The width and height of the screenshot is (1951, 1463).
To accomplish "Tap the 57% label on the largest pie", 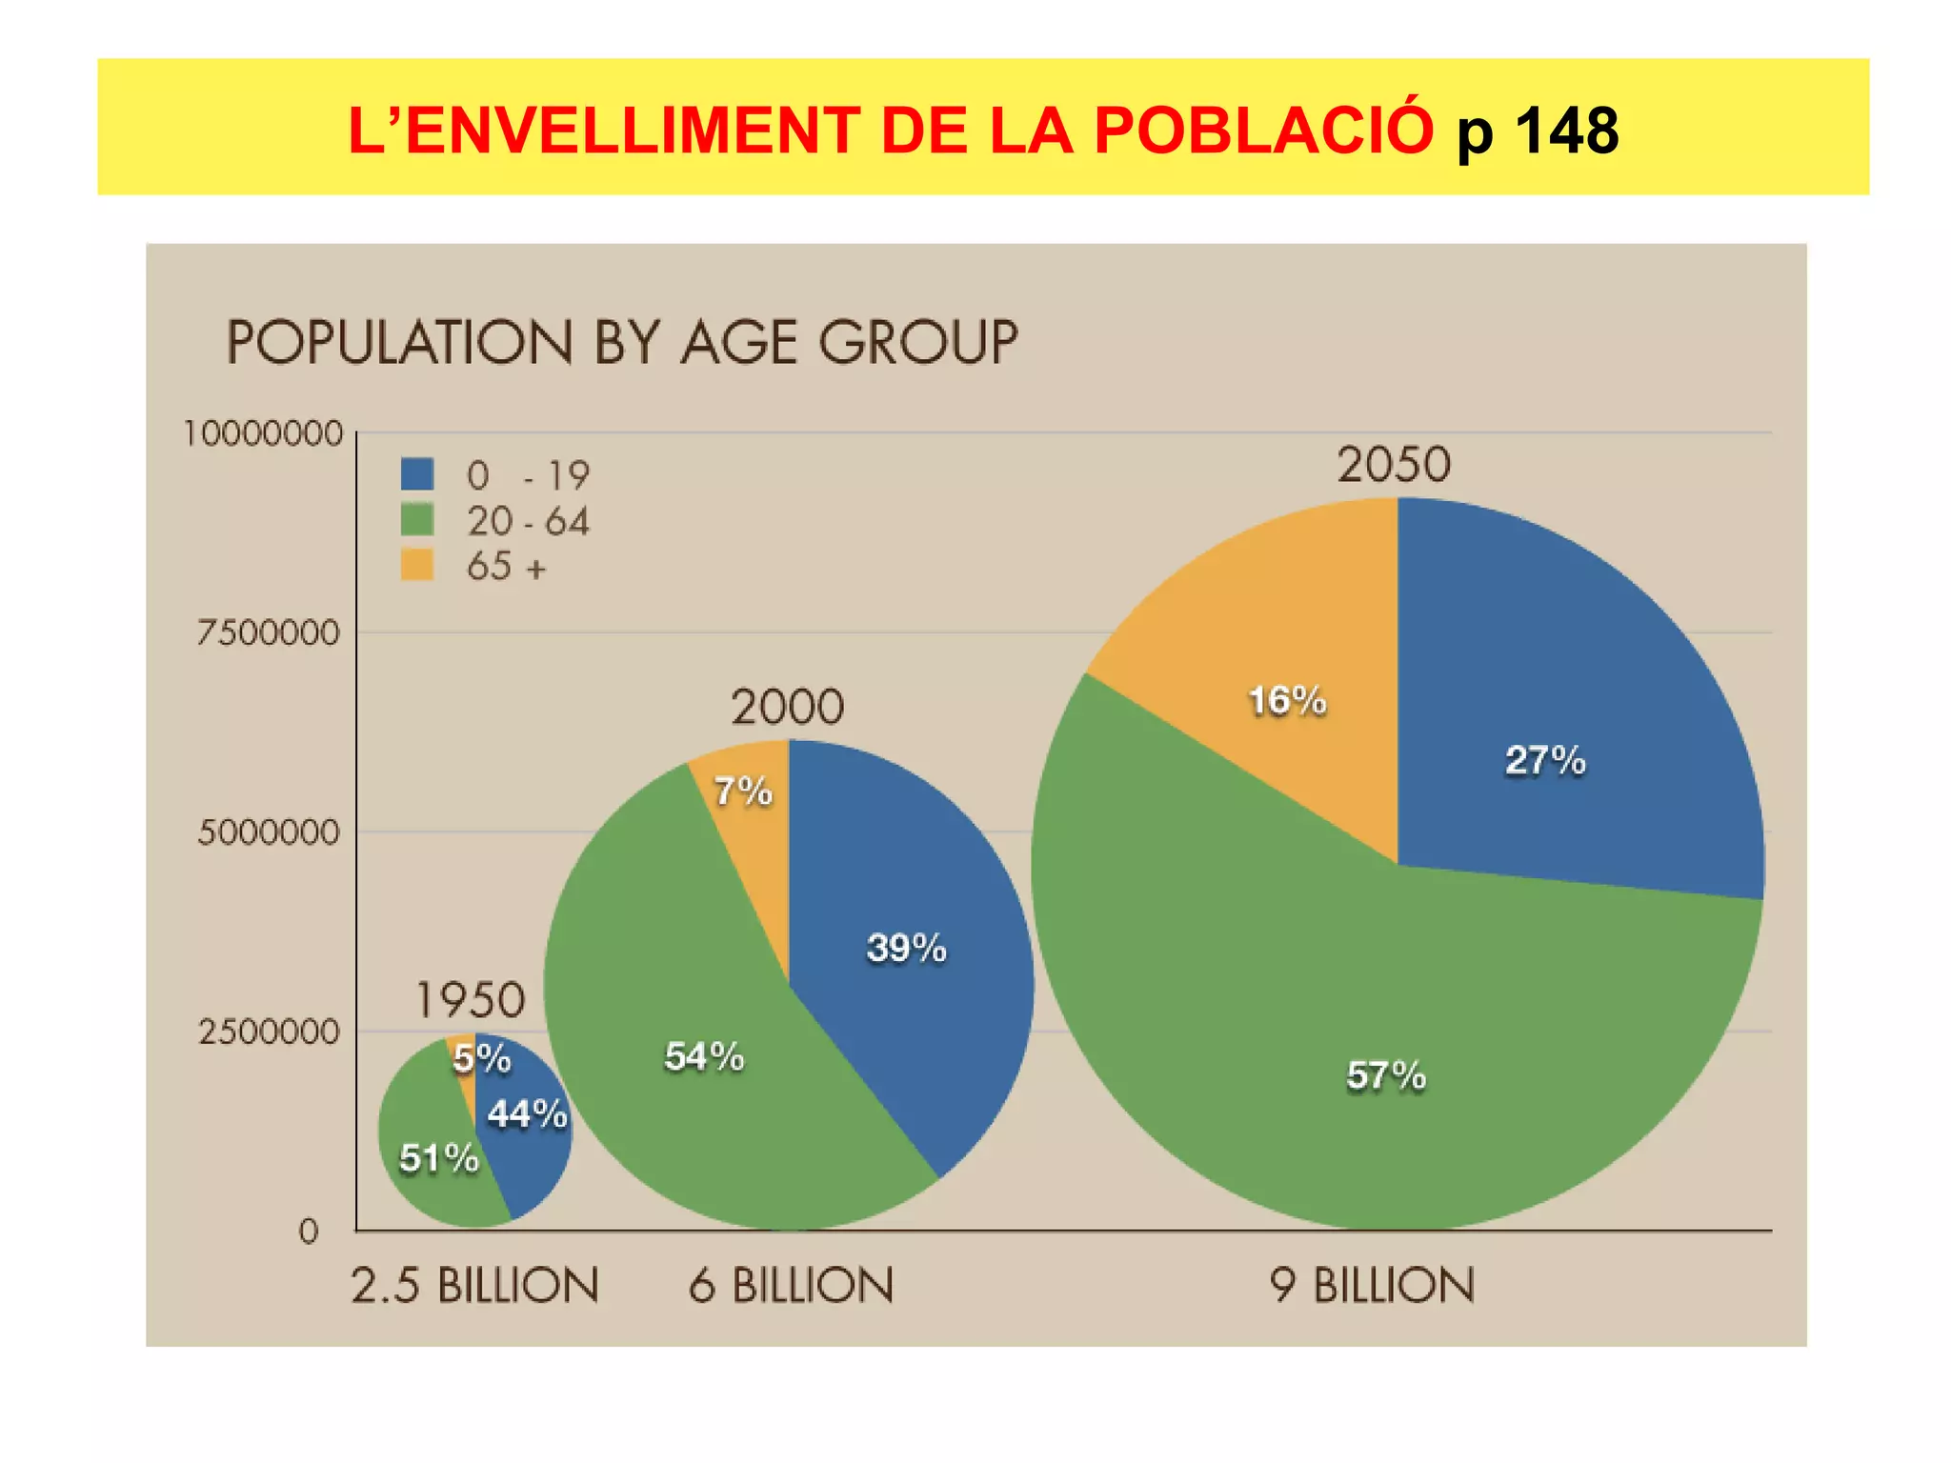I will (1385, 1075).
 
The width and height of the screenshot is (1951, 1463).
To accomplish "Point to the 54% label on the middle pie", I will (703, 1056).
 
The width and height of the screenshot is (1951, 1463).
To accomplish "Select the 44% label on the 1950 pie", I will (527, 1113).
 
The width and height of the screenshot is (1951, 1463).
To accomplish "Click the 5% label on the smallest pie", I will (481, 1058).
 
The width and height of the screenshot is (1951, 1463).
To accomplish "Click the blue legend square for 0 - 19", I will (417, 474).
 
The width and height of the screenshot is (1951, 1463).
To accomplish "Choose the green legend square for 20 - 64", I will (417, 520).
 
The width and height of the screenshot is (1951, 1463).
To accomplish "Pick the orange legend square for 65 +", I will (417, 566).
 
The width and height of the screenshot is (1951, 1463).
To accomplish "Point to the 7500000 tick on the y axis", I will (268, 632).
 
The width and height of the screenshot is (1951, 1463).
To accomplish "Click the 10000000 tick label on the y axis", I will (262, 433).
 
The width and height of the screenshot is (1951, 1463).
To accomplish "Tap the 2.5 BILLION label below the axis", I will (474, 1285).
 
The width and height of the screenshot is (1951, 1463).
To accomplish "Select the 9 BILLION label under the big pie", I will (1371, 1285).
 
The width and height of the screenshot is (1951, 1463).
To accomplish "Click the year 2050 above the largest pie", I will (1393, 465).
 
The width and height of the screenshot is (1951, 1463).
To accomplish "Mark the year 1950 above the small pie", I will (470, 1000).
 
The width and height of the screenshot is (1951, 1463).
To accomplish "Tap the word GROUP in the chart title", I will (918, 342).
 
